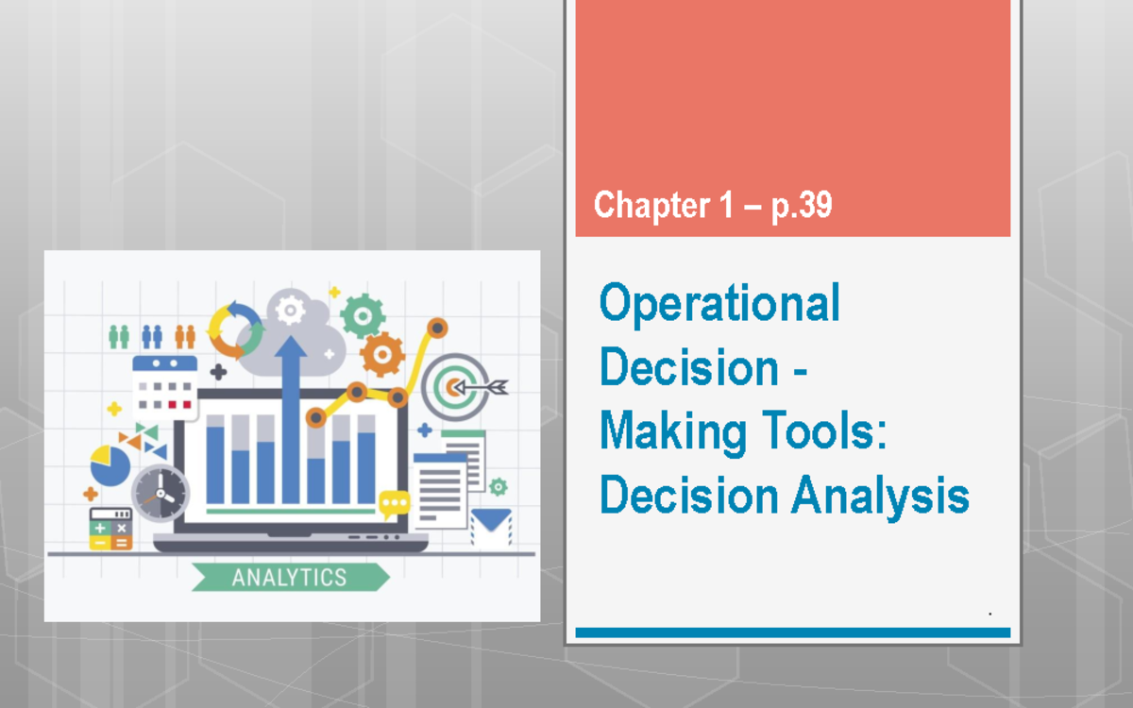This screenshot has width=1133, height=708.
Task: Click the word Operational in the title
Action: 719,304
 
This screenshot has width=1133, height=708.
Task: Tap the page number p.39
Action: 802,205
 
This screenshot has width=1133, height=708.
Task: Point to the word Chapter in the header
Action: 651,205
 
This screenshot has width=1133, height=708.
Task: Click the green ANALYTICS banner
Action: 290,577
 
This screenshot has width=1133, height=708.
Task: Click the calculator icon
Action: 110,530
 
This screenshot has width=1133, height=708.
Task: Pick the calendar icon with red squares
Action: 164,387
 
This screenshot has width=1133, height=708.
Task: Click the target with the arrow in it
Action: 456,385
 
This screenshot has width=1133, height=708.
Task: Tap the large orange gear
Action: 382,355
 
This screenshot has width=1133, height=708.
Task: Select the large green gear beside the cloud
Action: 362,314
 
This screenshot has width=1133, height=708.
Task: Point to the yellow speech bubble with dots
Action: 394,504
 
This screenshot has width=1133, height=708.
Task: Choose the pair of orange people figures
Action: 185,336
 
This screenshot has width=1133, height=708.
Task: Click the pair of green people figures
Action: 119,336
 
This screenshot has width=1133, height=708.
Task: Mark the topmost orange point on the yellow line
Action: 436,328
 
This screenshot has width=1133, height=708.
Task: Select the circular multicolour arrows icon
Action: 234,328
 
